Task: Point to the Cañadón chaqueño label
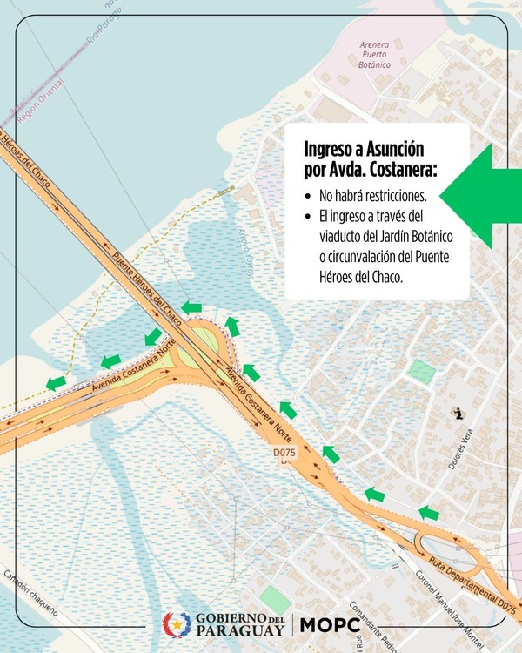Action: [30, 594]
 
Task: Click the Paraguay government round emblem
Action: [177, 624]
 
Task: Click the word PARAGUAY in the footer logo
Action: [241, 630]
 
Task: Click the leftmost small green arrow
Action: [56, 382]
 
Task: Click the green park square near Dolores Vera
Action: [422, 372]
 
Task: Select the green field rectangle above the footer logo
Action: [276, 598]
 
